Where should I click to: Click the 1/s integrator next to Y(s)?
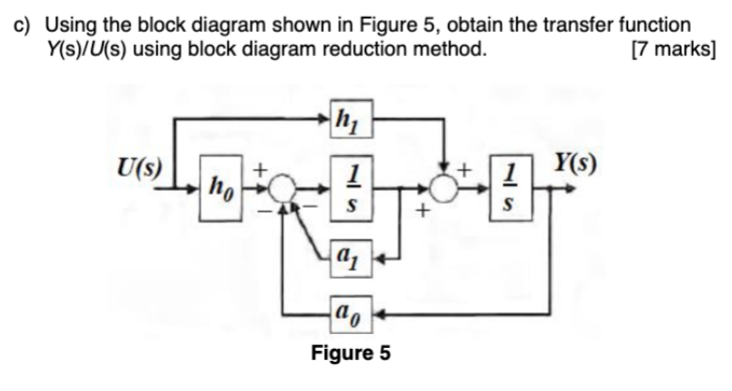pyautogui.click(x=509, y=189)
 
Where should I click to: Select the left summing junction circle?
pyautogui.click(x=280, y=190)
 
